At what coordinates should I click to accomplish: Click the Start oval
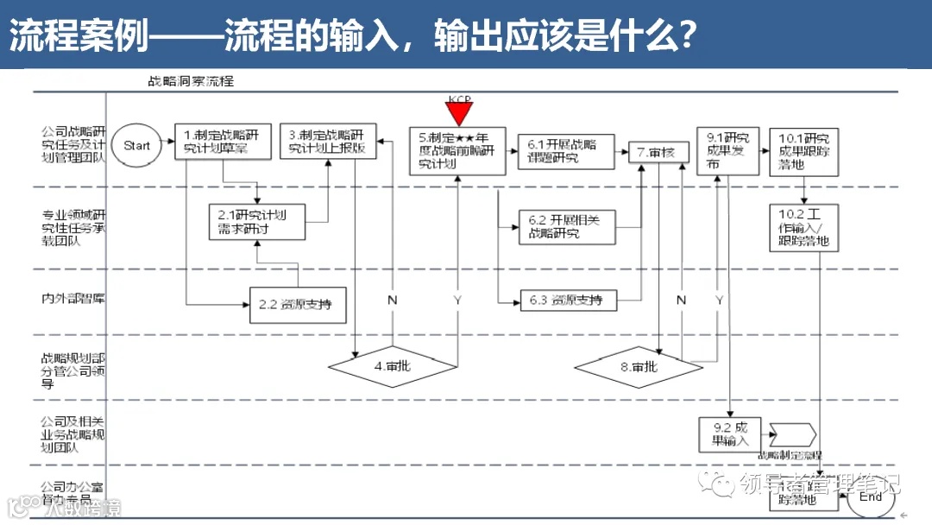point(136,146)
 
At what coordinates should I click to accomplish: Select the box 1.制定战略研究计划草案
point(223,142)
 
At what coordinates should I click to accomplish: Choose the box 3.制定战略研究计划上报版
point(328,142)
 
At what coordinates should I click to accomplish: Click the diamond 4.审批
point(393,366)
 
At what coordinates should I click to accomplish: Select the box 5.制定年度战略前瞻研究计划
point(457,151)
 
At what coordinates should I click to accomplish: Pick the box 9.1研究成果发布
point(724,152)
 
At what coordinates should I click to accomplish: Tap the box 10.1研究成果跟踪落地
point(803,152)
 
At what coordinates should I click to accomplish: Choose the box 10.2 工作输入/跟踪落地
point(803,228)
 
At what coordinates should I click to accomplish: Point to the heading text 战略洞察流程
point(191,82)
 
